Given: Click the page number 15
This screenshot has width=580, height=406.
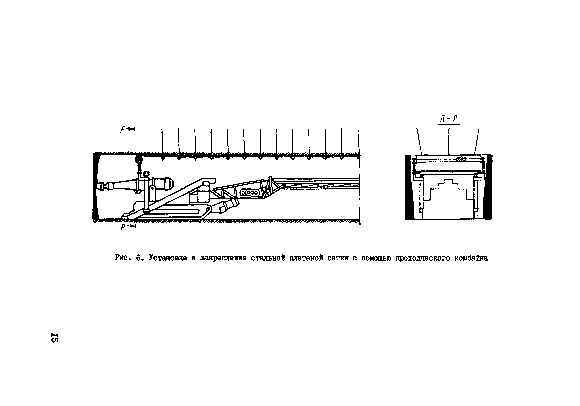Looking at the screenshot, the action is tap(55, 337).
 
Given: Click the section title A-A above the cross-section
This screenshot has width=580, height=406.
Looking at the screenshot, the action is tap(449, 119).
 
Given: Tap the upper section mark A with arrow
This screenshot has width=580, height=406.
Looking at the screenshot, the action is tap(127, 129).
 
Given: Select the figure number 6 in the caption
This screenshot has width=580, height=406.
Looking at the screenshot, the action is tap(139, 258).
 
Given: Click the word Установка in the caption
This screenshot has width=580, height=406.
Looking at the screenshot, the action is tap(168, 258).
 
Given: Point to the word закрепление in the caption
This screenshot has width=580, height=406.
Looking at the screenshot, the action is tap(223, 258).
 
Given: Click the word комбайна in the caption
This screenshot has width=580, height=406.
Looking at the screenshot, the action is tap(471, 258).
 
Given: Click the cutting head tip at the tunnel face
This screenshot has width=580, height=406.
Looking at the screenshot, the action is tap(99, 186).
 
